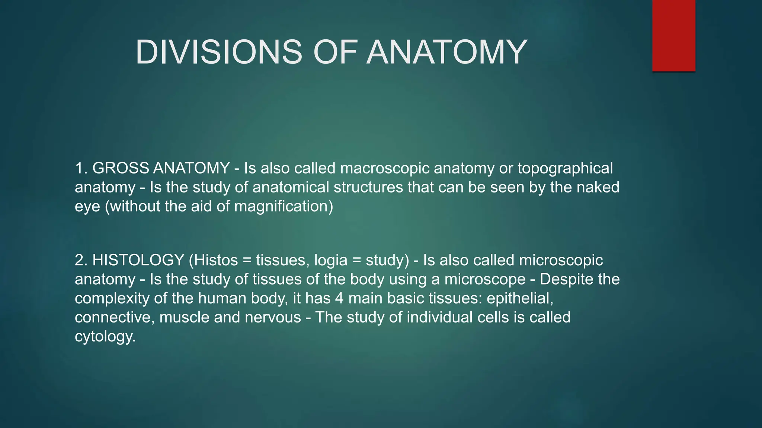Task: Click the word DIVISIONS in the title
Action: click(219, 52)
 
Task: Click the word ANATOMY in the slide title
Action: click(446, 52)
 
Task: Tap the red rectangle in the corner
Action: click(673, 36)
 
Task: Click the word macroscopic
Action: click(385, 168)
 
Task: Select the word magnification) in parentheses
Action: click(284, 207)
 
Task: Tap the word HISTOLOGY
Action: click(138, 260)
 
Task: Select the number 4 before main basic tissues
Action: click(339, 298)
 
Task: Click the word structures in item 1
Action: click(368, 187)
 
